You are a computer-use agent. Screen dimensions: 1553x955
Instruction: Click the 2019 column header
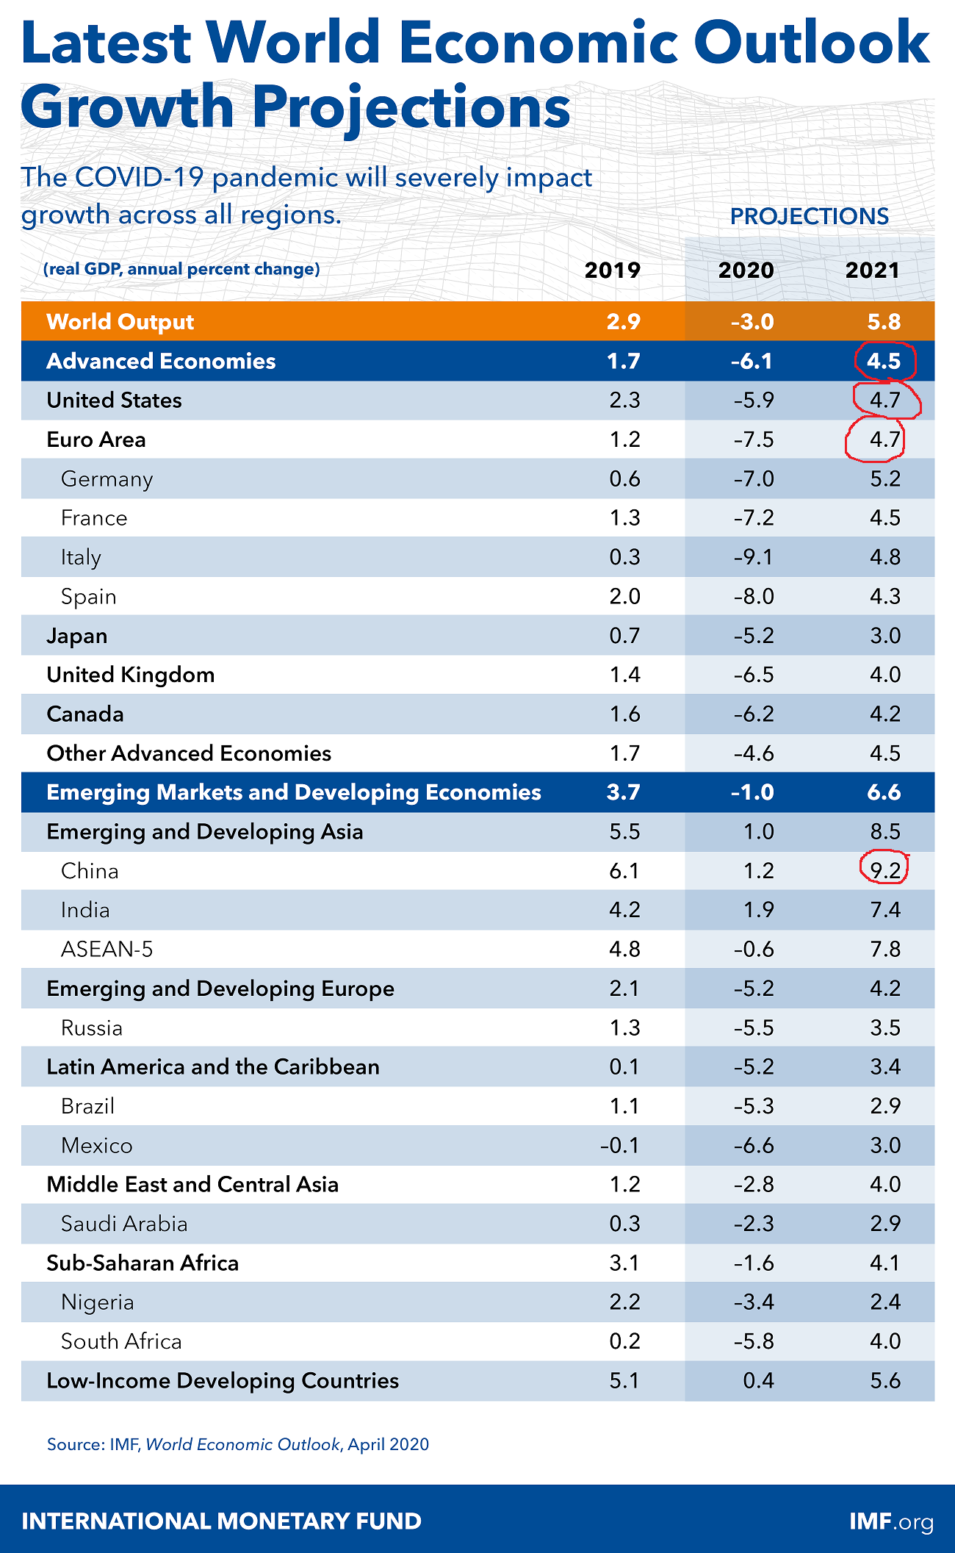(x=612, y=270)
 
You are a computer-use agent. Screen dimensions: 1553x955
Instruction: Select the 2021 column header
(x=872, y=270)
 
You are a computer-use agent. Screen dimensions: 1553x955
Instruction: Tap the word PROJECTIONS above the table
(x=809, y=216)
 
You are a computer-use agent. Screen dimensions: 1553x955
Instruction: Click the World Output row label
(x=120, y=322)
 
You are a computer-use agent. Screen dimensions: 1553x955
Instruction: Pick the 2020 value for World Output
(x=752, y=322)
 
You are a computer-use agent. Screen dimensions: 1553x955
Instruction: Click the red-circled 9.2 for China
(x=884, y=871)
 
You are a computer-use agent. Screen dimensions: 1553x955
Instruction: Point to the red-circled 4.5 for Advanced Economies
(x=884, y=361)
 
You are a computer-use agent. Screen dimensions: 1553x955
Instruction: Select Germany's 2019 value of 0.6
(x=624, y=479)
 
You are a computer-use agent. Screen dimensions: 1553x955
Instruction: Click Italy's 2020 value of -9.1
(x=753, y=557)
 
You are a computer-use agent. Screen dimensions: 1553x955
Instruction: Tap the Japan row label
(x=76, y=636)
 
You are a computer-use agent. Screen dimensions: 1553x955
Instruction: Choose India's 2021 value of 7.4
(x=884, y=910)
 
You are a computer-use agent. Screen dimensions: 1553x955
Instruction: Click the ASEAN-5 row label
(x=107, y=950)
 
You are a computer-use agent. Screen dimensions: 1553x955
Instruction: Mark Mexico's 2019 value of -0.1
(x=619, y=1145)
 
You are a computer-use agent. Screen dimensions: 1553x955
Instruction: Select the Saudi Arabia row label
(x=124, y=1224)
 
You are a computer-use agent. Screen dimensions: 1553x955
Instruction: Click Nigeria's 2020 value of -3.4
(x=753, y=1302)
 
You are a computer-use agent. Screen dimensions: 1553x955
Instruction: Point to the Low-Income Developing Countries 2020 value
(x=758, y=1381)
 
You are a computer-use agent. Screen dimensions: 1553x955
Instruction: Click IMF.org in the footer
(x=890, y=1521)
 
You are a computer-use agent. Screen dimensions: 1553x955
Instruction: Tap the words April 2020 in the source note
(x=388, y=1444)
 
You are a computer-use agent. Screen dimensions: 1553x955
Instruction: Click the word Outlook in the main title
(x=811, y=43)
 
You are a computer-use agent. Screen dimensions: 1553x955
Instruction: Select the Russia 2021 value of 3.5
(x=884, y=1027)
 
